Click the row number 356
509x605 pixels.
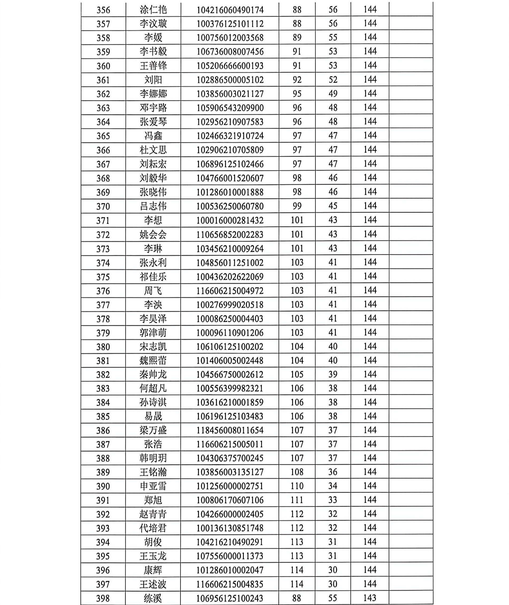(103, 10)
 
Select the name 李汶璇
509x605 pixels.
(153, 24)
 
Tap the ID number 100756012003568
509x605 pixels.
(230, 38)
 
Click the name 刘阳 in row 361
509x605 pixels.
(153, 80)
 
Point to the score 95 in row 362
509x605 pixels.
(297, 94)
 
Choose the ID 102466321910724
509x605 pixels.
(230, 136)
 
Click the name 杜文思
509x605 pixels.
(153, 150)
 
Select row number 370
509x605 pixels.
(103, 207)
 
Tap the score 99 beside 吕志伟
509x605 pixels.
(297, 206)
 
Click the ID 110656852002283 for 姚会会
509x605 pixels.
(230, 234)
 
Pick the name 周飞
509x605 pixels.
(153, 291)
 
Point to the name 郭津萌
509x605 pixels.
(153, 333)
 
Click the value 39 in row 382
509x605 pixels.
(333, 374)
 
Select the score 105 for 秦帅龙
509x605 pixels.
(297, 374)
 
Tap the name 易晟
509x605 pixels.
(153, 416)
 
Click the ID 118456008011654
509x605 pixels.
(230, 430)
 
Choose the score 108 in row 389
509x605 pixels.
(297, 472)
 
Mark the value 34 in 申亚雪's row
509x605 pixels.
(333, 486)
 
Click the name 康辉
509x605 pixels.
(153, 570)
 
